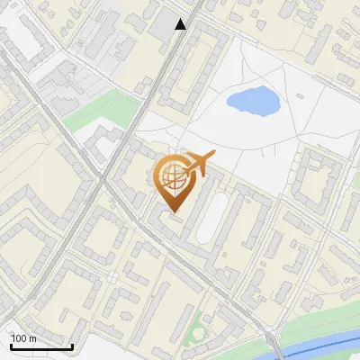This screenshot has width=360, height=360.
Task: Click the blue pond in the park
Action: pos(252,101)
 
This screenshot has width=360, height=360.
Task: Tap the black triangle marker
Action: pos(181,24)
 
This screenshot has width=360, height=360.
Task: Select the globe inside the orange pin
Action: pos(173,176)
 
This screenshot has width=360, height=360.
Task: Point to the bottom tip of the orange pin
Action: pos(173,212)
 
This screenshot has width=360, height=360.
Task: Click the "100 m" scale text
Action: pos(24,338)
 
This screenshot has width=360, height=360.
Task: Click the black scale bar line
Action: pos(41,347)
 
